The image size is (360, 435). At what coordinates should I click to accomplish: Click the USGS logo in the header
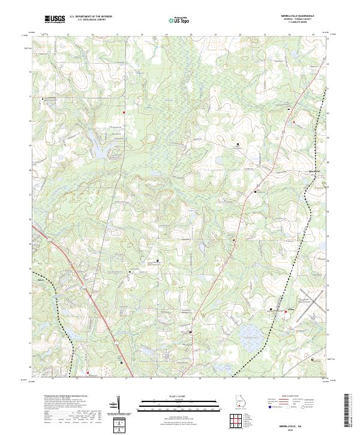point(55,19)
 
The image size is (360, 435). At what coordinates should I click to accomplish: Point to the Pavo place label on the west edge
point(40,279)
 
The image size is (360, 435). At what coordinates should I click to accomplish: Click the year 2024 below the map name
point(300,428)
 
